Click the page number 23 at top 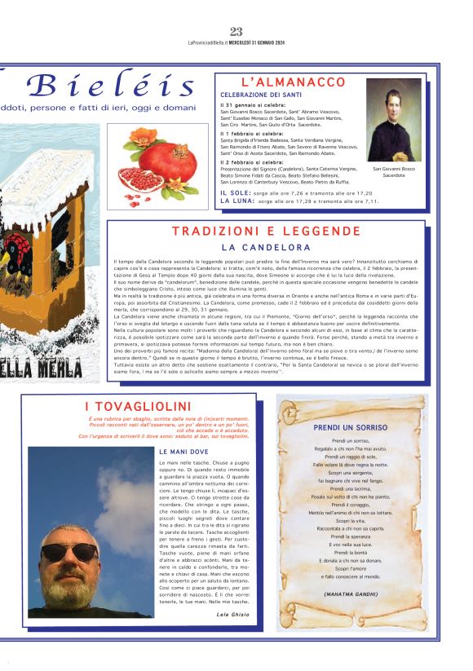click(236, 32)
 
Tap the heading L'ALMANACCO click(294, 82)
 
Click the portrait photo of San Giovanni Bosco click(394, 120)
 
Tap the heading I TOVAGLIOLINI click(138, 406)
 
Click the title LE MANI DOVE click(185, 451)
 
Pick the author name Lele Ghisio click(233, 613)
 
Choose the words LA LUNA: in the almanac click(237, 200)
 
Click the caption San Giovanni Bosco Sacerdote click(394, 172)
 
